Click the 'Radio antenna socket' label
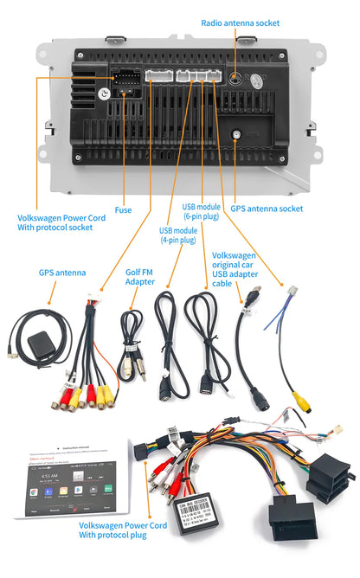(240, 22)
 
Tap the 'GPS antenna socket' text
(267, 209)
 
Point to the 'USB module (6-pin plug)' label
(201, 213)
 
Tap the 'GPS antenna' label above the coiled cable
(61, 273)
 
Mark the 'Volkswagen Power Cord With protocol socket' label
(61, 223)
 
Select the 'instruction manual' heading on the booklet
(83, 450)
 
